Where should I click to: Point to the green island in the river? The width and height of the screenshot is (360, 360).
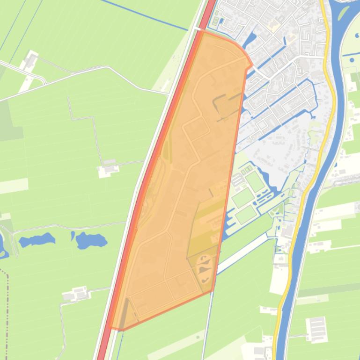345,10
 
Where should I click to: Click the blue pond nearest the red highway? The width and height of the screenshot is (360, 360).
91,241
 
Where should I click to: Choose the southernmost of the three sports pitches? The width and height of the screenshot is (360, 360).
246,215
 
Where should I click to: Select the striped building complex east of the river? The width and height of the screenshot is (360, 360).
316,330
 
